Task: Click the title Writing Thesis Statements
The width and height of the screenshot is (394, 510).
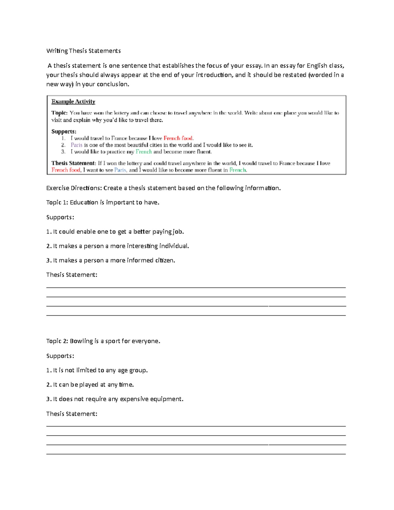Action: (x=83, y=51)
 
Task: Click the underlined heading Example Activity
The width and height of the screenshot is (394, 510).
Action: (x=73, y=101)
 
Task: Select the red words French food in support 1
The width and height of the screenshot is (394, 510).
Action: (x=178, y=138)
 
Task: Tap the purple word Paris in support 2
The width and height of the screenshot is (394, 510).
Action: (x=77, y=145)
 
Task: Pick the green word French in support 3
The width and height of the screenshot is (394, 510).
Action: (x=143, y=152)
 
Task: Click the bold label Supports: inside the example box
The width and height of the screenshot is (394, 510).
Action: (x=64, y=131)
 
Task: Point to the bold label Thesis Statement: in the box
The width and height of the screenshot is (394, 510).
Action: (x=74, y=163)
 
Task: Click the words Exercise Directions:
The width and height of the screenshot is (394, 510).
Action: (x=74, y=188)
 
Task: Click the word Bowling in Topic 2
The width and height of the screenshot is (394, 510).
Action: (x=81, y=341)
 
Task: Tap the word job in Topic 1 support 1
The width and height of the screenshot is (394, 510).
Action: (x=178, y=232)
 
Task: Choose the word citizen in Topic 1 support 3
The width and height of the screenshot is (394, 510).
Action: (x=164, y=260)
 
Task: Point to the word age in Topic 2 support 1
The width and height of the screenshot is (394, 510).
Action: (x=122, y=370)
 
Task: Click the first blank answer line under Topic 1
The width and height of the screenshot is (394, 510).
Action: (x=196, y=287)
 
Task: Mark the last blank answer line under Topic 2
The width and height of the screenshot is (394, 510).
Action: (x=196, y=454)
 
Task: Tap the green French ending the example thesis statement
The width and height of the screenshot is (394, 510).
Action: (x=237, y=170)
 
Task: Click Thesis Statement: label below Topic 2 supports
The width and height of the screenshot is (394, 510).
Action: (x=72, y=414)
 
